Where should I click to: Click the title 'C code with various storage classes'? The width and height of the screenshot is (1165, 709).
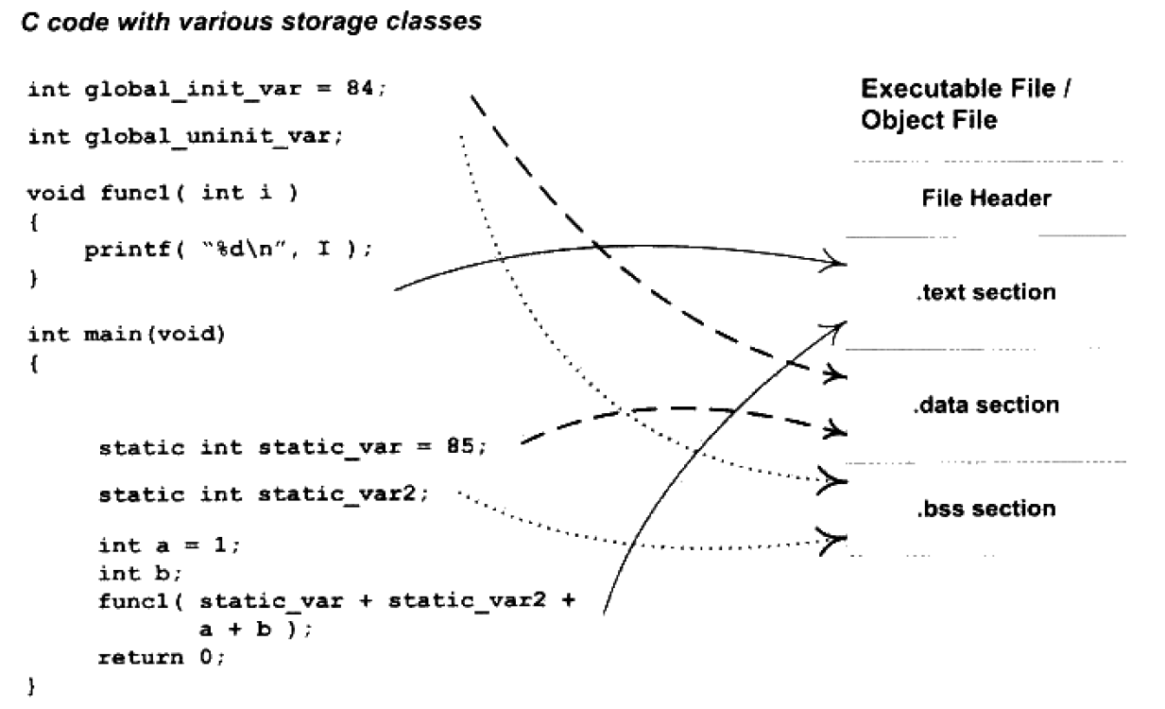251,23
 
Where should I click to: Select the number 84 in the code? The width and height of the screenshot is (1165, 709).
359,88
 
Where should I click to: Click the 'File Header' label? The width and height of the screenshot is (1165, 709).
986,199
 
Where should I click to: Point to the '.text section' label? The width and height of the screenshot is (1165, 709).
986,292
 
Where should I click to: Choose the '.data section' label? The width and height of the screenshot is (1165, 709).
986,405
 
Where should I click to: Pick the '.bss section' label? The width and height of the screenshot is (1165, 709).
986,509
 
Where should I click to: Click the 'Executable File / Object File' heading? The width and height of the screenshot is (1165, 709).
966,104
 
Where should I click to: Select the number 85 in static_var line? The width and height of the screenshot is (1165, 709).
460,446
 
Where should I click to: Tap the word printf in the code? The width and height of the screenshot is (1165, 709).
128,251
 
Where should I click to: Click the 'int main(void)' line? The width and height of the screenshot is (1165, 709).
127,334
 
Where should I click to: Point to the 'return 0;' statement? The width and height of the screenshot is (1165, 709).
162,658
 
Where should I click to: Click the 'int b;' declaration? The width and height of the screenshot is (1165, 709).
140,573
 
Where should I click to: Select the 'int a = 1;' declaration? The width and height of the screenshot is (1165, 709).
169,545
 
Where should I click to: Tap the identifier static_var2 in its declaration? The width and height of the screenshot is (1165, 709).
337,494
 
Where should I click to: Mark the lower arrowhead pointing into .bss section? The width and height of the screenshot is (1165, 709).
833,541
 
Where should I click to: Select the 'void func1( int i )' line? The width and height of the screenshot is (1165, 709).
163,194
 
